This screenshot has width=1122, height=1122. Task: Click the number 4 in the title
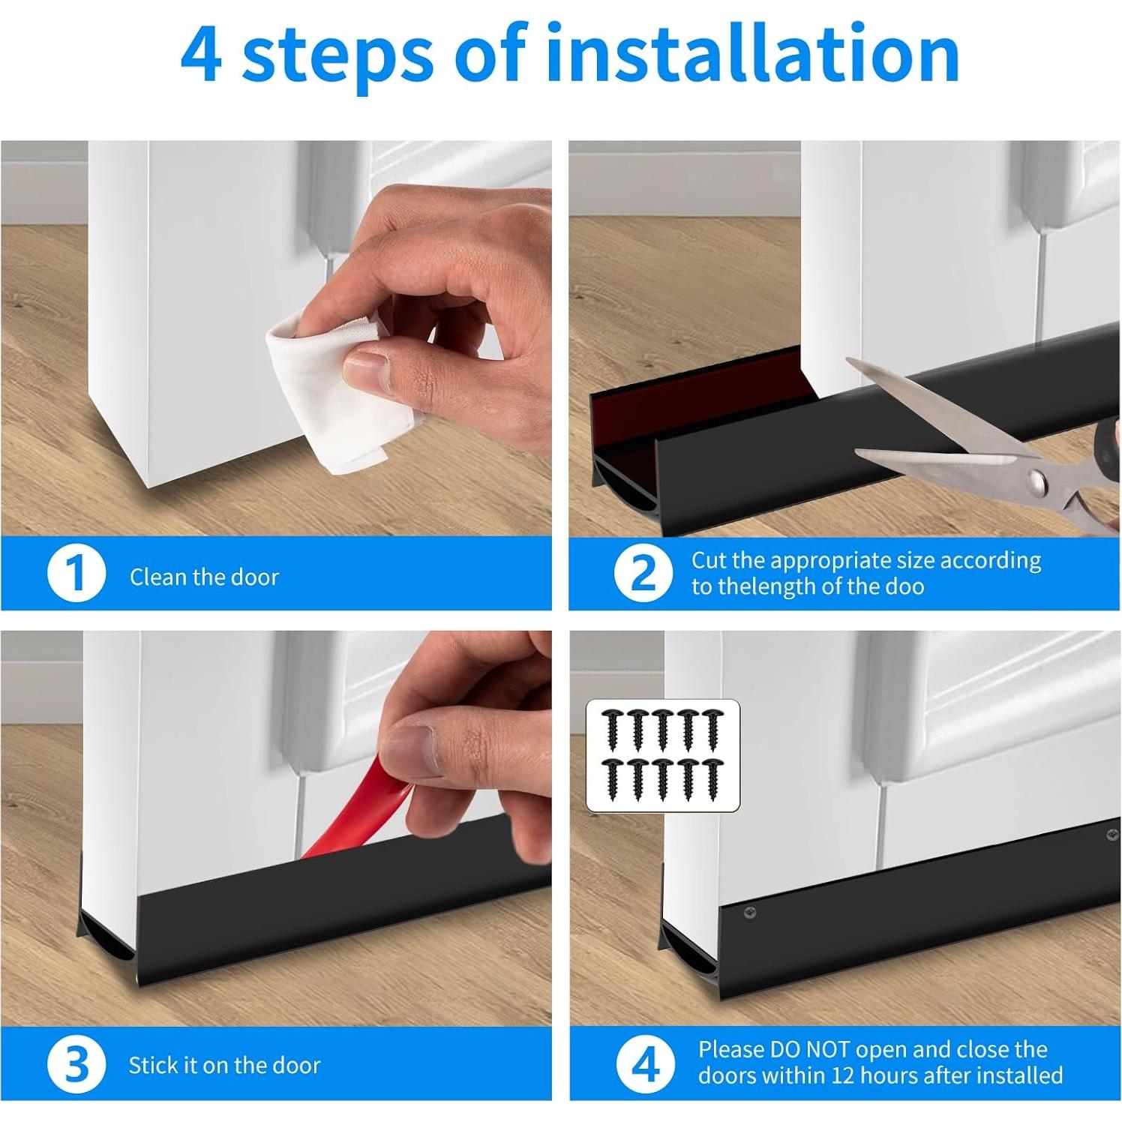click(x=201, y=55)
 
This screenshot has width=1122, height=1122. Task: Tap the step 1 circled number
click(x=76, y=574)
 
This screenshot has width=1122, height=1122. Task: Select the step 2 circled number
click(x=643, y=573)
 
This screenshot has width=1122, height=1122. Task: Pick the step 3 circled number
click(x=76, y=1064)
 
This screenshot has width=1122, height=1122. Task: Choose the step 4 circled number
click(x=644, y=1064)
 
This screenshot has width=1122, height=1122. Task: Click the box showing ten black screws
click(x=663, y=755)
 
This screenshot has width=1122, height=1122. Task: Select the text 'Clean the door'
click(x=204, y=577)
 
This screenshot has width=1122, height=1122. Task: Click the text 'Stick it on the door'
click(x=224, y=1065)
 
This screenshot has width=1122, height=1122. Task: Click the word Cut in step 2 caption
click(x=708, y=560)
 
